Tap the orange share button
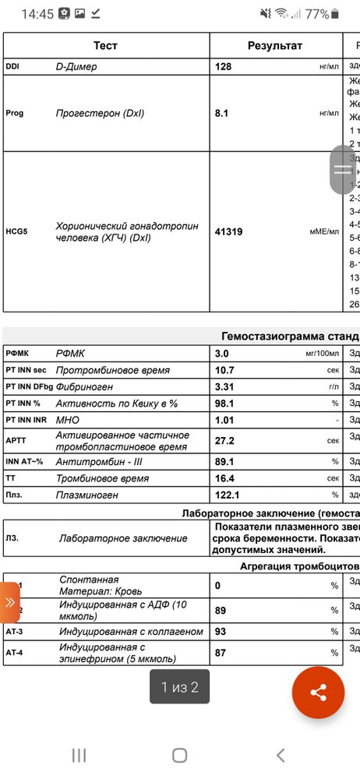(318, 692)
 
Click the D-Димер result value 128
(224, 67)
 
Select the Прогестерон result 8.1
(221, 113)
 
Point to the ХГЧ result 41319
(231, 231)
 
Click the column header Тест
(105, 46)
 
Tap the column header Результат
(274, 46)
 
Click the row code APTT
(16, 440)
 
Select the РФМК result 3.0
(221, 353)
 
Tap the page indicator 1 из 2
(179, 687)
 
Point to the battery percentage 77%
(316, 14)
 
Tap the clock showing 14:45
(36, 14)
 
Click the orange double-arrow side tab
(9, 602)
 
